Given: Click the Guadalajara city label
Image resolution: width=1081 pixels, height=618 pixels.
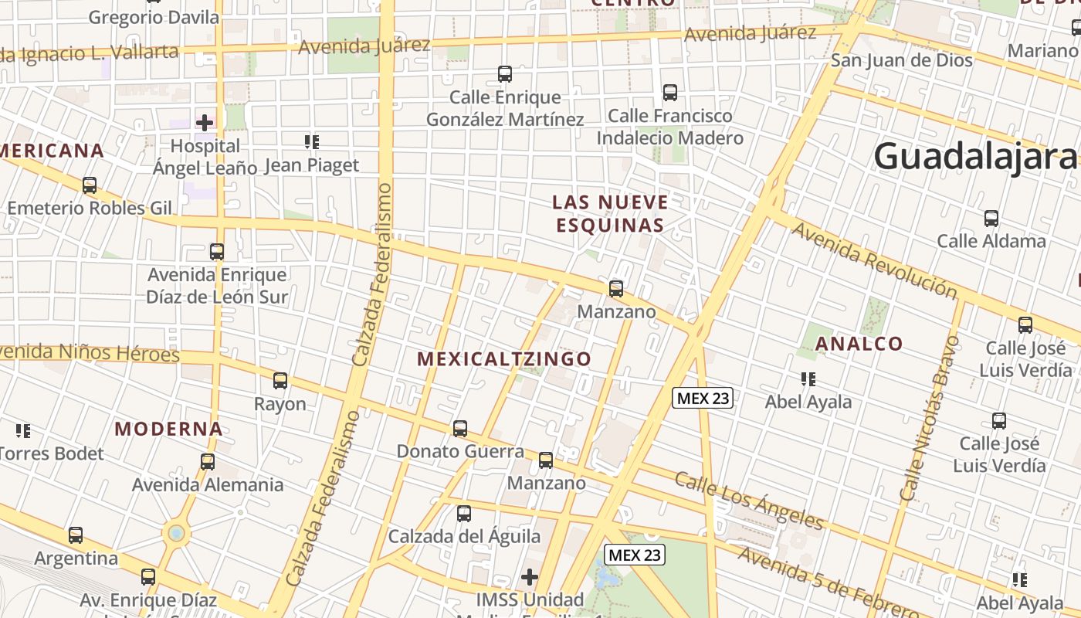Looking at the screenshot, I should click(976, 157).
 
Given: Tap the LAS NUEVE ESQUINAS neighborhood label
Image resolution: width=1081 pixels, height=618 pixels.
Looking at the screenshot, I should click(609, 214).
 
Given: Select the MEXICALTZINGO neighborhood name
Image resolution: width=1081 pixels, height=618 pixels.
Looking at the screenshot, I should click(504, 359).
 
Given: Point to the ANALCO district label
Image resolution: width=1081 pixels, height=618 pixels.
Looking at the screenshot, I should click(859, 344).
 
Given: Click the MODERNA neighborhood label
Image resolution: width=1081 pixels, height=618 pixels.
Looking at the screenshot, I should click(168, 429).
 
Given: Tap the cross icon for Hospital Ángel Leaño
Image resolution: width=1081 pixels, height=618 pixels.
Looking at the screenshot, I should click(205, 122).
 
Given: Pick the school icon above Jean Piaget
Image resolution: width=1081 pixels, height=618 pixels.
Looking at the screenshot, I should click(312, 141).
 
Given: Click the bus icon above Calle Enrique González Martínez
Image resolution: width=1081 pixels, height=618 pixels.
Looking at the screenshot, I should click(505, 74).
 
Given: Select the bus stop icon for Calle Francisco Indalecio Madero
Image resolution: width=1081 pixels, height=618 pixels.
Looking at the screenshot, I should click(670, 93).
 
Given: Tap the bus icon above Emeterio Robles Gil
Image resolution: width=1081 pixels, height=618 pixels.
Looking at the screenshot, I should click(90, 185).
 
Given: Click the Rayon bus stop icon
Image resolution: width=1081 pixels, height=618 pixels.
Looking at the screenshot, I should click(280, 381).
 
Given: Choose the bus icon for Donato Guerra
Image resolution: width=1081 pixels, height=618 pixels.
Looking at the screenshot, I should click(460, 429).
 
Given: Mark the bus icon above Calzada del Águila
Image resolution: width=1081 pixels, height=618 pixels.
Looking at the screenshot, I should click(464, 514).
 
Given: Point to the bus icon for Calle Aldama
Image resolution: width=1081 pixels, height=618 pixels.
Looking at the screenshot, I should click(991, 219).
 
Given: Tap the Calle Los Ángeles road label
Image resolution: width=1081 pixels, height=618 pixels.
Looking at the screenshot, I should click(749, 500).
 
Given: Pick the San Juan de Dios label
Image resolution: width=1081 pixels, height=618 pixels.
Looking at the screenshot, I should click(901, 59).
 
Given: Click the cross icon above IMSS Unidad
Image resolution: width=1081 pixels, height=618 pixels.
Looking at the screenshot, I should click(530, 577).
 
